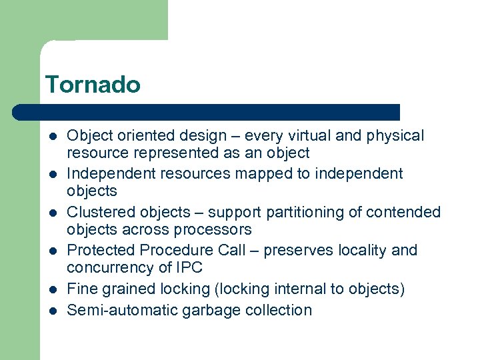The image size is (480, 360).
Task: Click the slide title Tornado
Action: (x=93, y=85)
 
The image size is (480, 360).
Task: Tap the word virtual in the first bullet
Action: (x=309, y=136)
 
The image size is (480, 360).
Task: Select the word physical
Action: (x=393, y=136)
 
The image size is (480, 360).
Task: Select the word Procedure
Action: (x=169, y=251)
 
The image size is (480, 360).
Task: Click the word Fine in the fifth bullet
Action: (x=81, y=289)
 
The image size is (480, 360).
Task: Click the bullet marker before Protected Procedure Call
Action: (x=51, y=251)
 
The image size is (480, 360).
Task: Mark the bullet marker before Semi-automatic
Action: (x=51, y=311)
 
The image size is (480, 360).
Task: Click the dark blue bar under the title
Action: (x=207, y=112)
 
